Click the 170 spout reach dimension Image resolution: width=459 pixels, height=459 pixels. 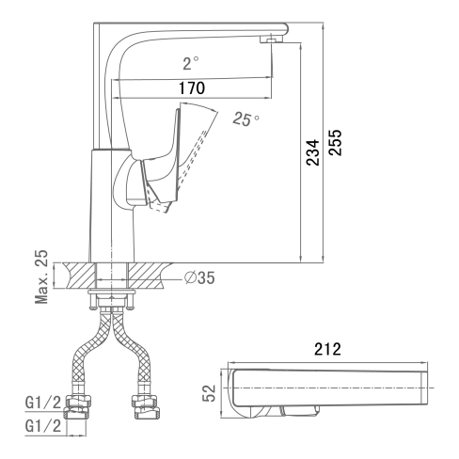pyautogui.click(x=192, y=88)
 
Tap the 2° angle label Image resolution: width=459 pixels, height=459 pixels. pyautogui.click(x=191, y=63)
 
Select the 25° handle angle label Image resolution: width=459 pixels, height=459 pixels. pyautogui.click(x=246, y=119)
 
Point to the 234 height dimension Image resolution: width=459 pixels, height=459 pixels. pyautogui.click(x=312, y=152)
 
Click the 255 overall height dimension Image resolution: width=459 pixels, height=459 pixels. pyautogui.click(x=335, y=142)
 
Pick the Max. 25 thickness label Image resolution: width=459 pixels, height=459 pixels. pyautogui.click(x=41, y=277)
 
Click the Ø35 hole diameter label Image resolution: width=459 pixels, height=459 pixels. pyautogui.click(x=199, y=277)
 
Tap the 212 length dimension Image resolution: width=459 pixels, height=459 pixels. pyautogui.click(x=327, y=349)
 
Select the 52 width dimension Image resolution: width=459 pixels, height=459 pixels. pyautogui.click(x=209, y=393)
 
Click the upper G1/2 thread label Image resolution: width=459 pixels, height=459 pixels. pyautogui.click(x=43, y=403)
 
